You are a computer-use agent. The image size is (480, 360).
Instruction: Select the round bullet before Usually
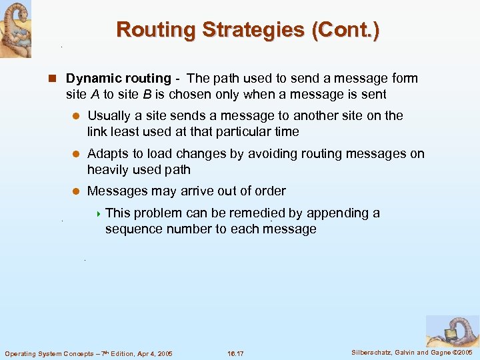click(x=76, y=116)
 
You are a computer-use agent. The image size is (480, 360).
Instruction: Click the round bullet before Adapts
click(x=76, y=154)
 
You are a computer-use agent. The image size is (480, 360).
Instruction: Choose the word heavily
click(x=109, y=170)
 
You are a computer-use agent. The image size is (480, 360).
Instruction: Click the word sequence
click(x=133, y=229)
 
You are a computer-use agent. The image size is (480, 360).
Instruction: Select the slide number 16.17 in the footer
click(x=237, y=353)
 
